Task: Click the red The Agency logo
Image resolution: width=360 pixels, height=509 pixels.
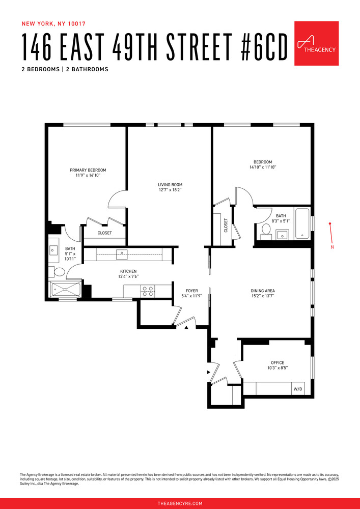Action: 316,43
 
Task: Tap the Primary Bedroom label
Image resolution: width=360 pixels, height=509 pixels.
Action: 88,170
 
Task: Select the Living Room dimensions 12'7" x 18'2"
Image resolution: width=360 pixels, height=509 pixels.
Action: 170,190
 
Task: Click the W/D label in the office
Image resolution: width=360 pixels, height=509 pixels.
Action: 297,389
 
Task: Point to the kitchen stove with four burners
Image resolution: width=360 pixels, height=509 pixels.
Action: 148,291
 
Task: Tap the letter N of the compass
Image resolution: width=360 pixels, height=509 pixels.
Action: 332,247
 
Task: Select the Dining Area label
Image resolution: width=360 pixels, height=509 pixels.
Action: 263,291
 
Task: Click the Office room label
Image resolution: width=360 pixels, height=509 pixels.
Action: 278,362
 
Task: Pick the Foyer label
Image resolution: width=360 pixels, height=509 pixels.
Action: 192,291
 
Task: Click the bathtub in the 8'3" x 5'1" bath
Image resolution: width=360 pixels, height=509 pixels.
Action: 302,223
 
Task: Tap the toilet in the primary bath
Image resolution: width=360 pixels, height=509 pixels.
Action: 59,272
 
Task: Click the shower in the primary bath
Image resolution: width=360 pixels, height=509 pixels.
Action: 65,289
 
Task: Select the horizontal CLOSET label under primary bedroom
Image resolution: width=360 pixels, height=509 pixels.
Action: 105,233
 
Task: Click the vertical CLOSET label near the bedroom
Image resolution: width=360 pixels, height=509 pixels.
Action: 226,225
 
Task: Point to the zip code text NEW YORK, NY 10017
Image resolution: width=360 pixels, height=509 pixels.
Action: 53,23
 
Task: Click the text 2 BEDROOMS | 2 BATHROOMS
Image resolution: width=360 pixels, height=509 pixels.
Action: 65,69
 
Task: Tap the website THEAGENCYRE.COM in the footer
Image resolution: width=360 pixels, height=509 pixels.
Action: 180,503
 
